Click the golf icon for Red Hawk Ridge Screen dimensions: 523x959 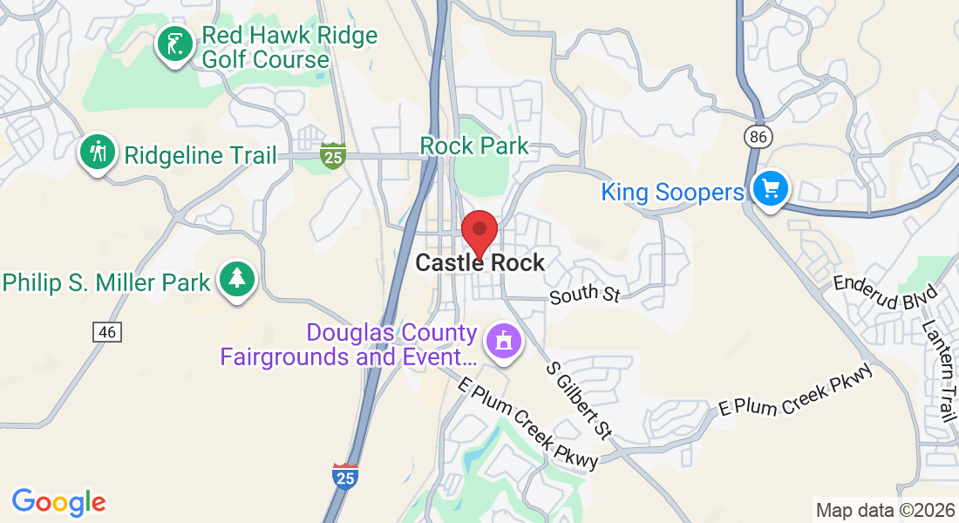(x=174, y=44)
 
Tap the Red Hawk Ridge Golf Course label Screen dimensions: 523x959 (x=289, y=48)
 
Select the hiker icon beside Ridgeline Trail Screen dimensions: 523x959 (x=99, y=152)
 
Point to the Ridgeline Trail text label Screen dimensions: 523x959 (x=201, y=156)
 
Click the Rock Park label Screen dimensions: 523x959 (x=475, y=145)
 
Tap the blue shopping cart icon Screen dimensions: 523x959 (x=770, y=188)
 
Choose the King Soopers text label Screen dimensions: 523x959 (x=672, y=192)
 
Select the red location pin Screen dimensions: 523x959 (x=479, y=231)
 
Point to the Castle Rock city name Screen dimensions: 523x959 (x=480, y=262)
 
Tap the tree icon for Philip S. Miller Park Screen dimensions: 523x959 (x=236, y=278)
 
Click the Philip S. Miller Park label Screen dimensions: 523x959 (x=107, y=282)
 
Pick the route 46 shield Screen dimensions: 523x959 (x=106, y=331)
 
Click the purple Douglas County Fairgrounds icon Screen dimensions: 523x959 (x=503, y=341)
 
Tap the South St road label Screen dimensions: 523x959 (x=584, y=295)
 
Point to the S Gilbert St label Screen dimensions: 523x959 (x=580, y=400)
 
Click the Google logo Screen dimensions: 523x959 (x=58, y=502)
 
